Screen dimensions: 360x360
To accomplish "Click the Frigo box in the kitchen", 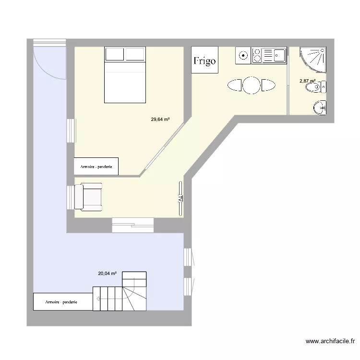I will (x=204, y=60).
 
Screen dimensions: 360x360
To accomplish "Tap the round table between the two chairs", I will (x=252, y=85).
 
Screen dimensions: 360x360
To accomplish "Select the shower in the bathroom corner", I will (x=313, y=59).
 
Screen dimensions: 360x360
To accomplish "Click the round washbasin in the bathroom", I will (x=320, y=108).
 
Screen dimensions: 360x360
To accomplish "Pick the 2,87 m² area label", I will (x=307, y=81).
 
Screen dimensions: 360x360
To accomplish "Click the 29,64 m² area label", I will (x=161, y=120).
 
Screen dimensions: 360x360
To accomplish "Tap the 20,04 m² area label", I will (x=108, y=274).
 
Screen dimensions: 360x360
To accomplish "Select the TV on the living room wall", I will (x=181, y=198).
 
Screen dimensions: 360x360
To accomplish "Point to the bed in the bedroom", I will (x=125, y=75).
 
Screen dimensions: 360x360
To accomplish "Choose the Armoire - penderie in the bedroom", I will (x=96, y=166).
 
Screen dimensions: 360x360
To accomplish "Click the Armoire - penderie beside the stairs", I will (x=62, y=301).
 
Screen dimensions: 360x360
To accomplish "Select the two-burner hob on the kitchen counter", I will (x=257, y=55).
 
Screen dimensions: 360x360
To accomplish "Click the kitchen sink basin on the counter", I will (x=279, y=56).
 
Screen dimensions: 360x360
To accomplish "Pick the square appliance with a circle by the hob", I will (x=243, y=55).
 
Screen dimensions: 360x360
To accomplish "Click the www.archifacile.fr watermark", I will (x=330, y=341).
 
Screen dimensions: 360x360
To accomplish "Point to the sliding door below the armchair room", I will (x=132, y=225).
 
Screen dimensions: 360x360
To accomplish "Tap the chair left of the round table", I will (x=235, y=85).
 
